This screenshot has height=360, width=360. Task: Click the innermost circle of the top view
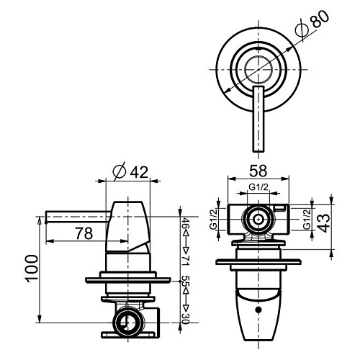pyautogui.click(x=257, y=70)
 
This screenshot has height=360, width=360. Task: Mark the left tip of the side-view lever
pyautogui.click(x=45, y=215)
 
